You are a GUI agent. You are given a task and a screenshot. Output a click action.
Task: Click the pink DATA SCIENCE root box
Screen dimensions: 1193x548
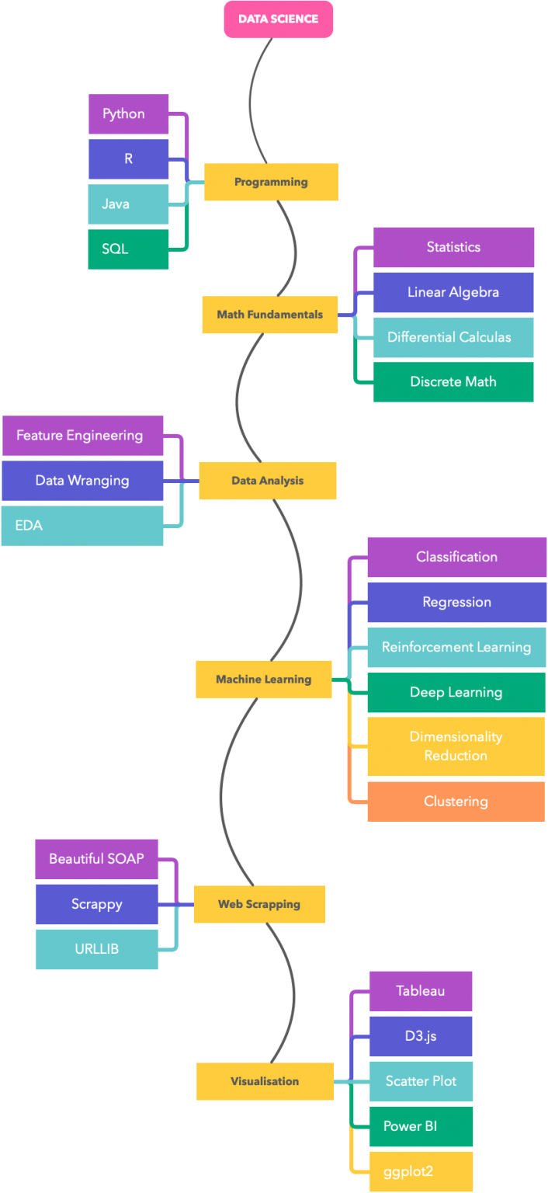pos(279,19)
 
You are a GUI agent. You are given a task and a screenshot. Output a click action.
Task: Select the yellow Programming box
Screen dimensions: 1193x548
pos(271,182)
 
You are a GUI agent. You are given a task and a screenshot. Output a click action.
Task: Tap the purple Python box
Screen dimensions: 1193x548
pos(128,114)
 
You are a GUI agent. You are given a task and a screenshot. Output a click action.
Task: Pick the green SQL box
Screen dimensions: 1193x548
pos(128,249)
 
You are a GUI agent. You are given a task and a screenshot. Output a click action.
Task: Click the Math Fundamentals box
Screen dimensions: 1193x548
pos(269,315)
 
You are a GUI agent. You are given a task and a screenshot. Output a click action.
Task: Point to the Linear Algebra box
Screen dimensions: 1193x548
pos(453,292)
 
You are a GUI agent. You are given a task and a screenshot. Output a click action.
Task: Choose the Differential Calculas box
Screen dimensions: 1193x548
pos(453,337)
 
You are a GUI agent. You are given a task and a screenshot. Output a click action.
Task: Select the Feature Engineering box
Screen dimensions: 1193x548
pos(82,435)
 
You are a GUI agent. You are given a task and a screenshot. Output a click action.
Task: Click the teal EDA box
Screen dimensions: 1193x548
pos(82,525)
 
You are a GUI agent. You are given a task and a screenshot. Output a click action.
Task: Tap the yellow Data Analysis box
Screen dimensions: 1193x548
pos(267,481)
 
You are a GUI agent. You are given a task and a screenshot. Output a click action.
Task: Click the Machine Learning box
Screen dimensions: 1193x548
pos(263,679)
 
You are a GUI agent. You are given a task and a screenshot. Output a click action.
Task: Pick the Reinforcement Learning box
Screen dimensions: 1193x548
pos(456,647)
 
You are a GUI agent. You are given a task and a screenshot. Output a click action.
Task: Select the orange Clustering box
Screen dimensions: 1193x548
pos(456,801)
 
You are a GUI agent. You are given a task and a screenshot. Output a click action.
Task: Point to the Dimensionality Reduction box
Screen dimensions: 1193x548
pos(456,746)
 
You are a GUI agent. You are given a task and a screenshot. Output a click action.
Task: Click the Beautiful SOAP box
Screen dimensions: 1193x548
pos(96,859)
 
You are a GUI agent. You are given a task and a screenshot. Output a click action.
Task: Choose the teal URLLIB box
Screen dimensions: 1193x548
pos(96,949)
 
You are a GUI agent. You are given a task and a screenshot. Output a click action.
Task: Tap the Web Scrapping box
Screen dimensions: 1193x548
pos(259,904)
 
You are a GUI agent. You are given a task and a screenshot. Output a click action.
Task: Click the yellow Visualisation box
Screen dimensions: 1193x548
pos(265,1081)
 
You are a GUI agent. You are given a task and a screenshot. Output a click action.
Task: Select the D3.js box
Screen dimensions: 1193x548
pos(421,1036)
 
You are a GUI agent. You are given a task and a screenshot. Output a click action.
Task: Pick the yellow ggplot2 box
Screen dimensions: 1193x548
pos(421,1171)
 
